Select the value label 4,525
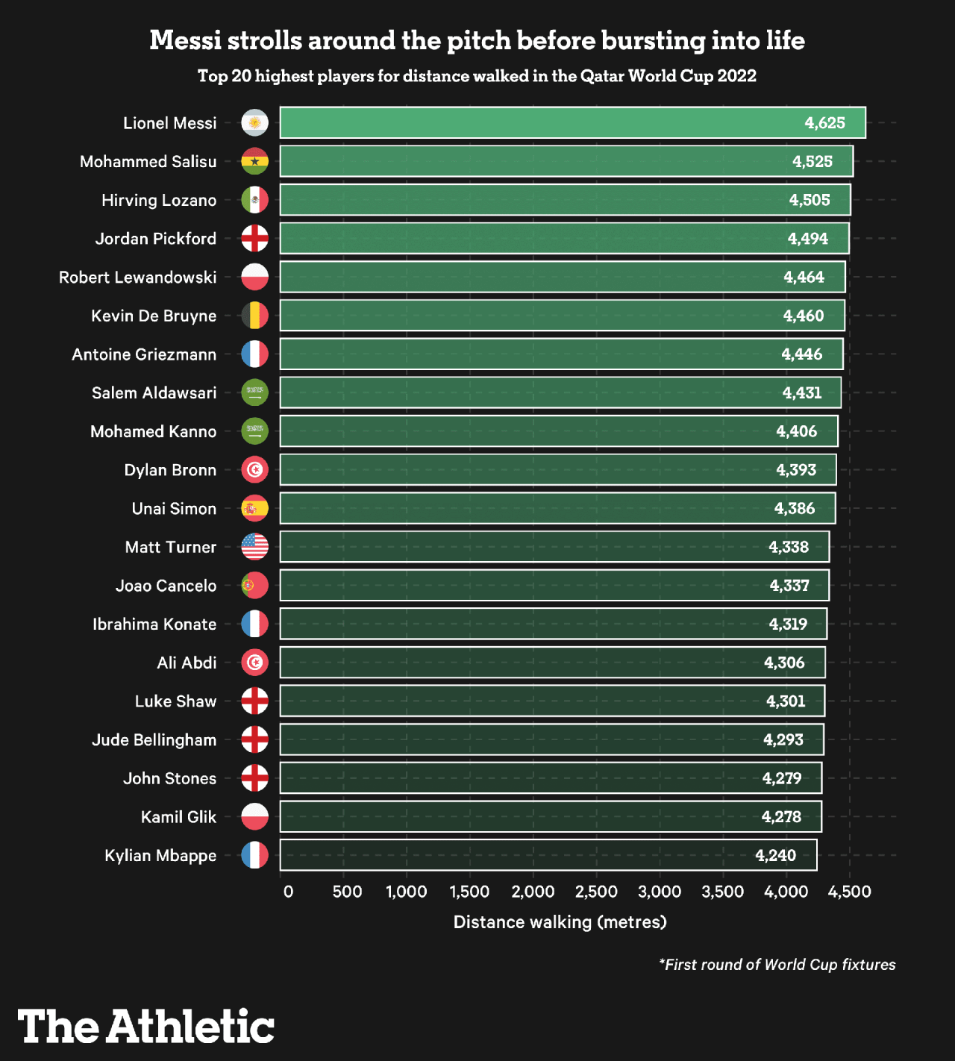[x=812, y=162]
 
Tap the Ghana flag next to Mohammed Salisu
[x=254, y=161]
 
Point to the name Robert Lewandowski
[x=138, y=278]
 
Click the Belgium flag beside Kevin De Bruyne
[x=254, y=316]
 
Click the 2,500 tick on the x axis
[x=596, y=892]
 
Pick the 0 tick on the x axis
[x=288, y=892]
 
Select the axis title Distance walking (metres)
[x=560, y=922]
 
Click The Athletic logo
[x=146, y=1027]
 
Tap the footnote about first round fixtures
[x=777, y=965]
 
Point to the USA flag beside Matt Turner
[x=254, y=547]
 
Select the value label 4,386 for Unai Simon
[x=795, y=509]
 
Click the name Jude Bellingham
[x=154, y=740]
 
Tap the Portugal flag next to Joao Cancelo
[x=254, y=586]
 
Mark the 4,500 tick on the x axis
[x=849, y=892]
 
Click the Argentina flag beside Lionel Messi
[x=254, y=123]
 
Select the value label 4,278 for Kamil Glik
[x=781, y=817]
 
